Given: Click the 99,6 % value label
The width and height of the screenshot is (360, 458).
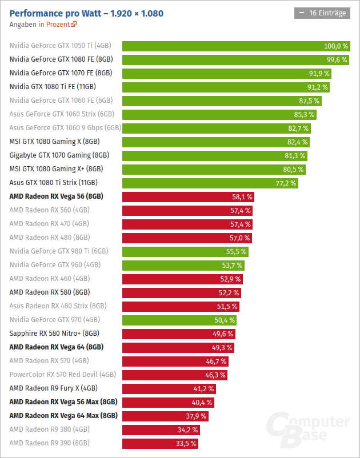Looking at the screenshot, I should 336,60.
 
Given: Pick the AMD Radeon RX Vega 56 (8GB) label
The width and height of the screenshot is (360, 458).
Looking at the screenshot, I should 56,196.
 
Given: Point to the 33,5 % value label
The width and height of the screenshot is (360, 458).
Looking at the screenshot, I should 185,443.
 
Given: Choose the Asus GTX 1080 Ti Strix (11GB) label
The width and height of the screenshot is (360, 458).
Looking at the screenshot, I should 54,183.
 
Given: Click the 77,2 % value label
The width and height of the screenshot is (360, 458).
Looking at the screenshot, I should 286,183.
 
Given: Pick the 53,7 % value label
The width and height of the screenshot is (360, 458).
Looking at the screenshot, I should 232,266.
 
